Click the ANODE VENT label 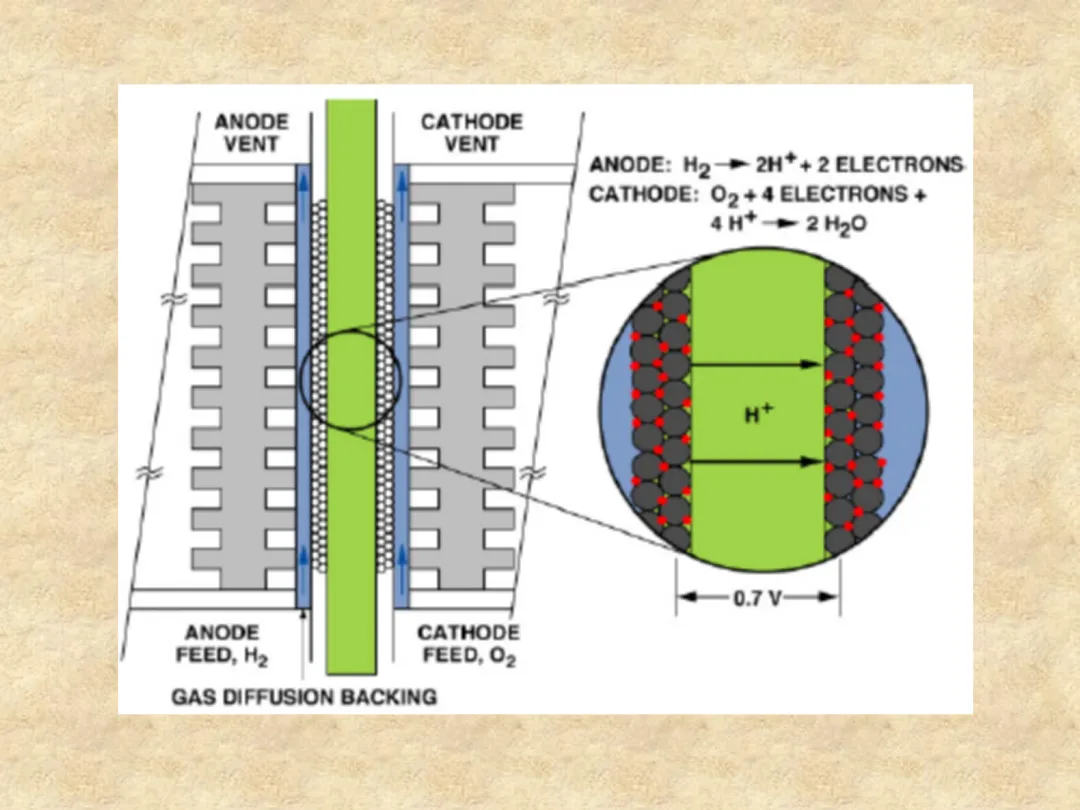click(251, 132)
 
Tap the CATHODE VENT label click(471, 132)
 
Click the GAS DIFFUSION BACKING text click(304, 696)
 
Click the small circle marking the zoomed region click(350, 379)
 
